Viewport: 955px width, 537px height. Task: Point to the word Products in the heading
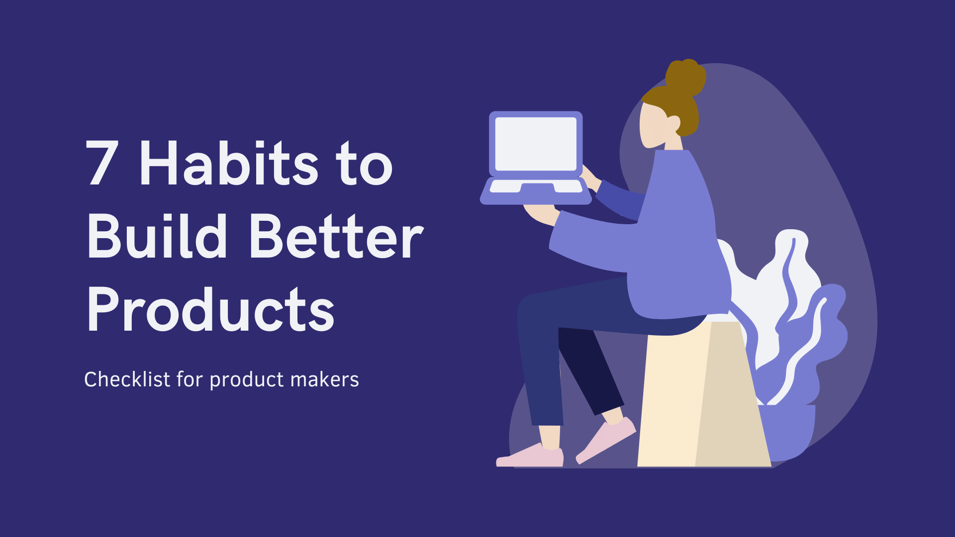coord(210,309)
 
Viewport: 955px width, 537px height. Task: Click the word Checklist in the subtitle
coord(127,380)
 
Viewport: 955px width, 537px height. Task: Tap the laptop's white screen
coord(536,144)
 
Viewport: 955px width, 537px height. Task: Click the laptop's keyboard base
coord(536,191)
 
